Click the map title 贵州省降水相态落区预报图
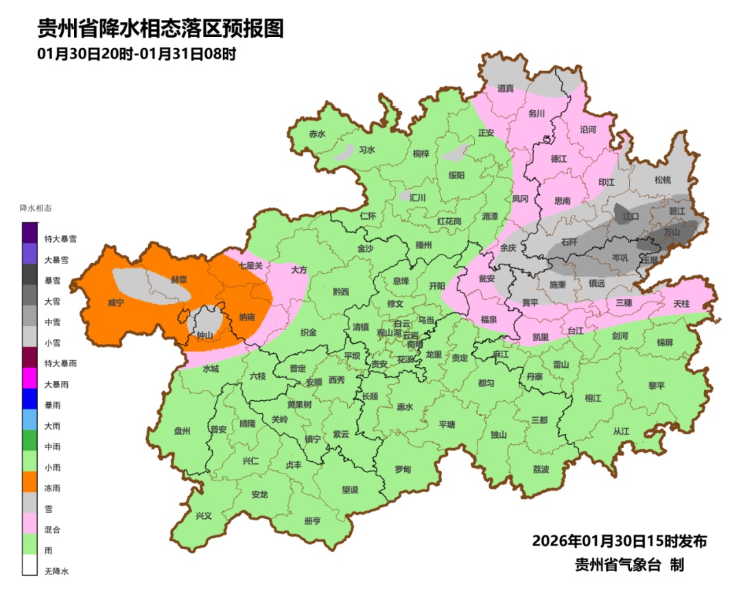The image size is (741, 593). pyautogui.click(x=160, y=29)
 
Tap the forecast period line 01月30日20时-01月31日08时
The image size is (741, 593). pyautogui.click(x=137, y=54)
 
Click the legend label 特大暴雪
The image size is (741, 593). pyautogui.click(x=60, y=239)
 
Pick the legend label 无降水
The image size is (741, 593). pyautogui.click(x=57, y=571)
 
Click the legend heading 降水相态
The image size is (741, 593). pyautogui.click(x=36, y=207)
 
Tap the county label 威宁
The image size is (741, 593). pyautogui.click(x=116, y=303)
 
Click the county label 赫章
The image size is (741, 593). pyautogui.click(x=178, y=279)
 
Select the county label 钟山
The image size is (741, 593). pyautogui.click(x=204, y=336)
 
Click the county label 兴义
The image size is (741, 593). pyautogui.click(x=204, y=515)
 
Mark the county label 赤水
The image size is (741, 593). pyautogui.click(x=316, y=135)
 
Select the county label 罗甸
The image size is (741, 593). pyautogui.click(x=403, y=469)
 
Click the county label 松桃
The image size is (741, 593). pyautogui.click(x=662, y=181)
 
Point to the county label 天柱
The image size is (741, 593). pyautogui.click(x=681, y=303)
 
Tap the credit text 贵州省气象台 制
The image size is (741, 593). pyautogui.click(x=629, y=566)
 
